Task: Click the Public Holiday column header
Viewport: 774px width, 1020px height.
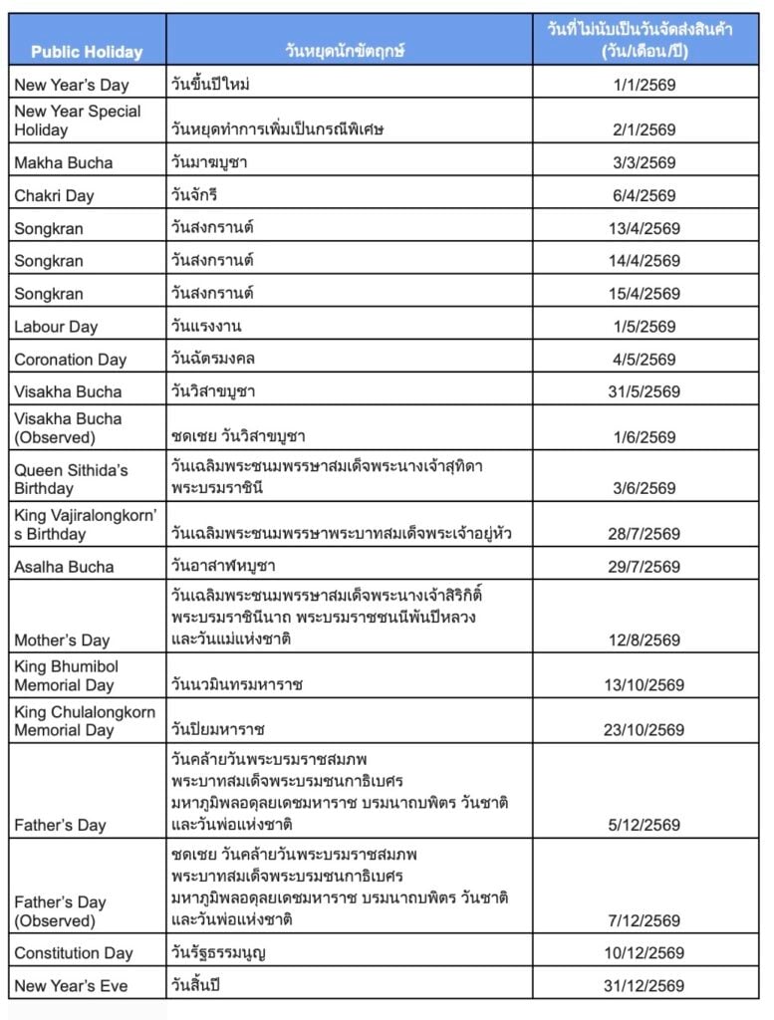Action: [x=87, y=52]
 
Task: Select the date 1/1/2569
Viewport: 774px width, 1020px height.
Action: [x=645, y=86]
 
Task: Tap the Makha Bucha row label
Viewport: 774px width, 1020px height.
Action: [x=64, y=163]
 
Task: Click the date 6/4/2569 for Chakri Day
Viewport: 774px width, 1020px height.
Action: [x=645, y=196]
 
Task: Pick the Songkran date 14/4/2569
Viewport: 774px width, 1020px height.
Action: [x=645, y=261]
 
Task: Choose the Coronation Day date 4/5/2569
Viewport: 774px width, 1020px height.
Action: [x=645, y=360]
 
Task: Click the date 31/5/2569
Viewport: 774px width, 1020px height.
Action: [x=645, y=392]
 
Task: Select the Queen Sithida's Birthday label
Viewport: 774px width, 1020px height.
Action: [x=71, y=479]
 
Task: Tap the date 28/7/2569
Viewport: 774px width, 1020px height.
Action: [x=645, y=535]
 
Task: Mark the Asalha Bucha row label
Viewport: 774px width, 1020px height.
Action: [x=64, y=568]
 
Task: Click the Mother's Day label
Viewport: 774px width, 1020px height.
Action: [x=62, y=640]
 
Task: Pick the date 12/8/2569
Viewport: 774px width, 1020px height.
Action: [x=645, y=640]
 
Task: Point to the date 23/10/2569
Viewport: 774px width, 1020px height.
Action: [x=645, y=730]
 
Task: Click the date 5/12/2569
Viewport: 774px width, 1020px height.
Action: [x=645, y=825]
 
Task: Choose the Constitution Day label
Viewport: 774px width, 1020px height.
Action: [x=74, y=953]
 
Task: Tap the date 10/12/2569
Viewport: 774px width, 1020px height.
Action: [x=645, y=953]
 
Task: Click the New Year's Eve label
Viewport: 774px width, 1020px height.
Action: [x=71, y=986]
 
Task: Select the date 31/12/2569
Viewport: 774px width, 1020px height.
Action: [x=645, y=986]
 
